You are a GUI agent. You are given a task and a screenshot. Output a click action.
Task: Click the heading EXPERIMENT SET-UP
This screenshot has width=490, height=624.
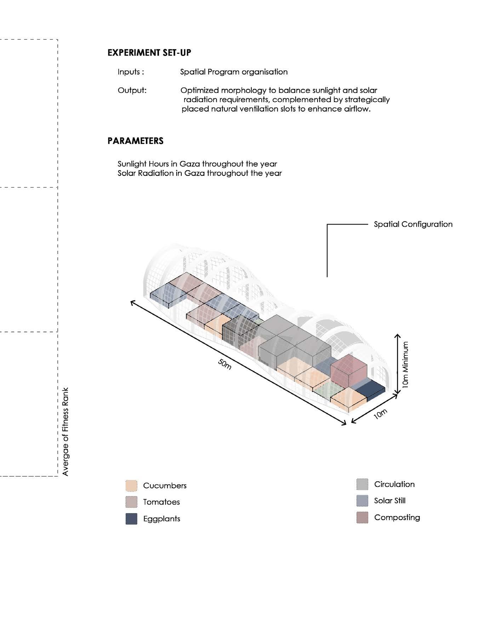point(149,53)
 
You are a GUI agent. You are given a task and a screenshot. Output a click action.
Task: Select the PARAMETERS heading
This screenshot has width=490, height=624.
point(135,141)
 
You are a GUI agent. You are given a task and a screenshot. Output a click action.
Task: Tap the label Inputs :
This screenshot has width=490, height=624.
point(131,72)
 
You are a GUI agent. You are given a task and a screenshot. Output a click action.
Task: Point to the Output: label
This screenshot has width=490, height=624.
point(132,90)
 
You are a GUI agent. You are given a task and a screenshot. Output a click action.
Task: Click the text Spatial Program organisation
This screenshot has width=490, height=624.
point(234,72)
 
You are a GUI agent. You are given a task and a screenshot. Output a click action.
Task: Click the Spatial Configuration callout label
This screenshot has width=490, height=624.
point(413,224)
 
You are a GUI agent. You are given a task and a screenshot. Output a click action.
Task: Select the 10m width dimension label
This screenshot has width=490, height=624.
point(381,414)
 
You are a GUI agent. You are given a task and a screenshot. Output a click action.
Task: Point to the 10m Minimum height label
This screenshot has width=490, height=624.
point(405,365)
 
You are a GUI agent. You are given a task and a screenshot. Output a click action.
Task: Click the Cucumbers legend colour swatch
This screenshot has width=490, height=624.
point(131,485)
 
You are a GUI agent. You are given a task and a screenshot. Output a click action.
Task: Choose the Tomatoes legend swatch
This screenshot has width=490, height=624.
point(131,502)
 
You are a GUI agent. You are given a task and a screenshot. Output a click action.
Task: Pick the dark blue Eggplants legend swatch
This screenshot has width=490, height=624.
point(131,519)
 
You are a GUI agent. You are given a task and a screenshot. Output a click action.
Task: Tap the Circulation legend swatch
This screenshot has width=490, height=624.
point(362,484)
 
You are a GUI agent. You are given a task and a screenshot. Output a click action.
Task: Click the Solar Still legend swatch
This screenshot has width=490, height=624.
point(362,501)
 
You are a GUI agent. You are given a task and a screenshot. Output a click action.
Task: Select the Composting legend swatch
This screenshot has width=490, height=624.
point(362,517)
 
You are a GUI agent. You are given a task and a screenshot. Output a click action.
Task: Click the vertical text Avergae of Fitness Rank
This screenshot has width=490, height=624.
point(65,432)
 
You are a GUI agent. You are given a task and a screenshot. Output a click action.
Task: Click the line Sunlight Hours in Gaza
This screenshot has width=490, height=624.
point(197,164)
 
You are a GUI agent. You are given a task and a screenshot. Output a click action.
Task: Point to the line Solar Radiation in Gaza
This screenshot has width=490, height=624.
point(200,173)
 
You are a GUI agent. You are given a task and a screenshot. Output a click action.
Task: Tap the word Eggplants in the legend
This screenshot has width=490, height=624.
point(161,519)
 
